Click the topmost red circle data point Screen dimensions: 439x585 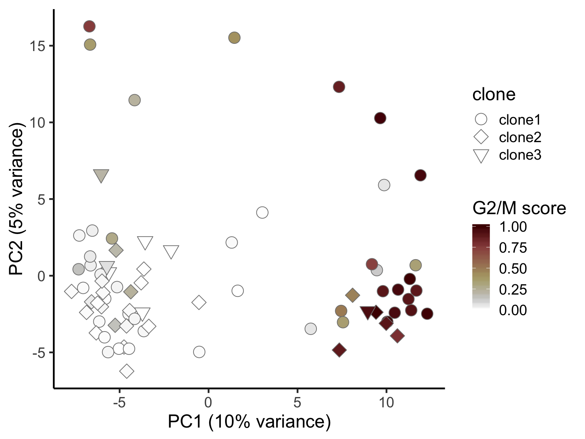tap(89, 26)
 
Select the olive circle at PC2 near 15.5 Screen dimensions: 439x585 tap(234, 38)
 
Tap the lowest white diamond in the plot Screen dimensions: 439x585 tap(127, 371)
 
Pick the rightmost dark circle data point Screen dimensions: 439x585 tap(427, 314)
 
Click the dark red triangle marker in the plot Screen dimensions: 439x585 tap(368, 312)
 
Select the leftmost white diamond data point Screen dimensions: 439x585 tap(71, 292)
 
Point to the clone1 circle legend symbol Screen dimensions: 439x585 tap(481, 120)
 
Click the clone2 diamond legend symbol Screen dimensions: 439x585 tap(481, 137)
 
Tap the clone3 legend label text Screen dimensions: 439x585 tap(520, 155)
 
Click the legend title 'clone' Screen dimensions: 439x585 tap(494, 94)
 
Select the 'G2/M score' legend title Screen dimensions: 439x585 tap(519, 208)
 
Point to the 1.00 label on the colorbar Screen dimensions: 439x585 tap(513, 227)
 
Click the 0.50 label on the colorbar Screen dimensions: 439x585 tap(513, 269)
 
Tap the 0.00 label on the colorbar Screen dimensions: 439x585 tap(513, 310)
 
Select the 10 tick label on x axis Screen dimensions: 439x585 tap(386, 403)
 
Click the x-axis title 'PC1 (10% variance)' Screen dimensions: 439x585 tap(249, 422)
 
